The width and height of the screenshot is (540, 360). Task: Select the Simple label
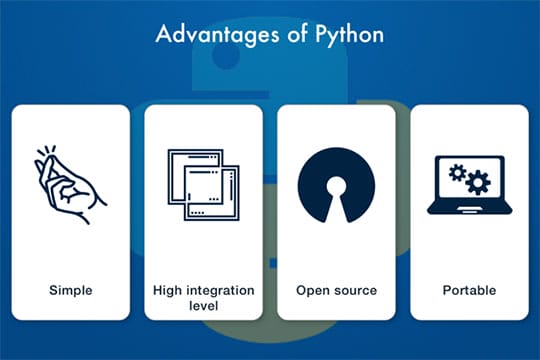71,291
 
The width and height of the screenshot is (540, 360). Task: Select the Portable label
469,291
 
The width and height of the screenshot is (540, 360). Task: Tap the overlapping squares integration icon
204,185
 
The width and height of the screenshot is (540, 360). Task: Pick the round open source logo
336,186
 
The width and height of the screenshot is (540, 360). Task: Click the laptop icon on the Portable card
469,186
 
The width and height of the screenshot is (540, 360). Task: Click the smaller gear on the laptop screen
458,172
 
